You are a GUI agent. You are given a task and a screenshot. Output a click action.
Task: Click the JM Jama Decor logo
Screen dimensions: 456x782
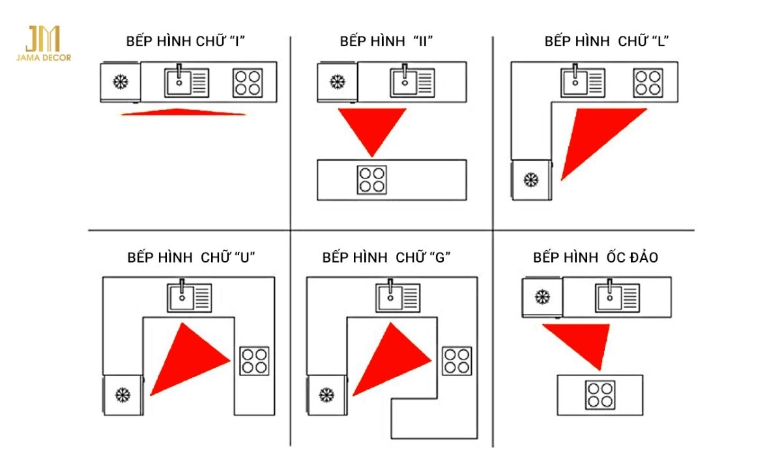[x=44, y=44]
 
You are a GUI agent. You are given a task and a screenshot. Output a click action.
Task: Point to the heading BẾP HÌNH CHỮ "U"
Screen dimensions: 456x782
[x=191, y=257]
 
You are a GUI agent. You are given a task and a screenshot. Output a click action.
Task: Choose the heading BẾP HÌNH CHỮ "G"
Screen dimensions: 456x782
[x=387, y=257]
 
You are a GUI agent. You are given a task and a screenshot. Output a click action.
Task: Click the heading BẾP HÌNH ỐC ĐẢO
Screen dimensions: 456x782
[x=595, y=257]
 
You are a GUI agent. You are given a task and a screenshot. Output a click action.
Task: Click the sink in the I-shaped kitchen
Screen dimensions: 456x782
[x=186, y=83]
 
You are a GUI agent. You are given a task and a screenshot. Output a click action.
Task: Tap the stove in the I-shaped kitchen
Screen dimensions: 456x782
[x=248, y=83]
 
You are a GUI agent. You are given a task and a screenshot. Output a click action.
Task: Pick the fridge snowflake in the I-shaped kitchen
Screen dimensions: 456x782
[x=120, y=83]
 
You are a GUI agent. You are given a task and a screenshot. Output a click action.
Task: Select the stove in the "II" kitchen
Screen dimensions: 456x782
[x=371, y=179]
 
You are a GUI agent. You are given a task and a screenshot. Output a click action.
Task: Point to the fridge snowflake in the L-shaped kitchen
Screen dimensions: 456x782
[x=531, y=179]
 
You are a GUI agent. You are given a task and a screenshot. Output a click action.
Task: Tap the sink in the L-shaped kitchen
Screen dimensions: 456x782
[x=583, y=83]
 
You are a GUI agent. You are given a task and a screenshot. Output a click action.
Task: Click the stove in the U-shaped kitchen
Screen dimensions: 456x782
[x=254, y=361]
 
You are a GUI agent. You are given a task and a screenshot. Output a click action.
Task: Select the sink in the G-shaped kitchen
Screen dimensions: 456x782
[x=398, y=297]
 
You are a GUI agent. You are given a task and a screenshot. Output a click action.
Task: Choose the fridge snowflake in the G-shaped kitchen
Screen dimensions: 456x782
[x=326, y=394]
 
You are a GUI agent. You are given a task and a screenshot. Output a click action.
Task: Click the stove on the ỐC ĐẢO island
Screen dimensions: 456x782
[x=600, y=395]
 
